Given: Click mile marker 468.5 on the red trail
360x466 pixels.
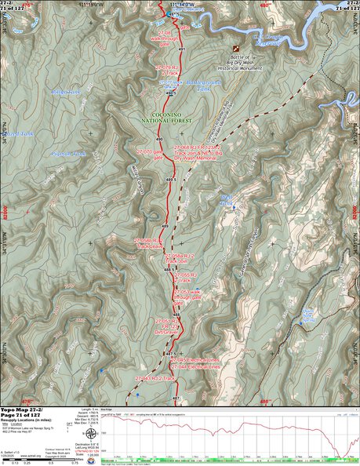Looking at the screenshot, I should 167,270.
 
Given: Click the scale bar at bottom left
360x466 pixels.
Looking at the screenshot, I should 31,459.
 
